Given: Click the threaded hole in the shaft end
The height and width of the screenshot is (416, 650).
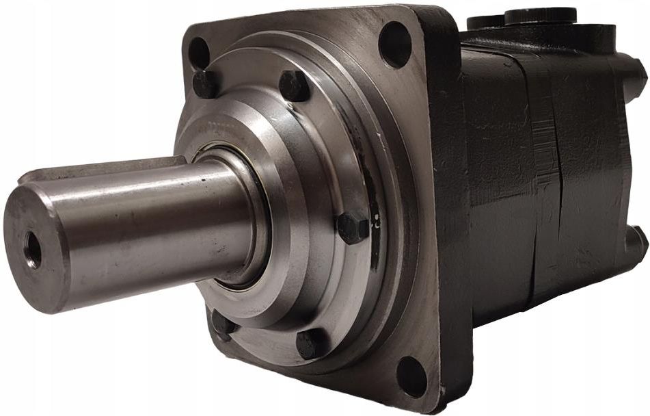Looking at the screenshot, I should (31, 249).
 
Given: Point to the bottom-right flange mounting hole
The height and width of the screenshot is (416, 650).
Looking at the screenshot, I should (411, 376).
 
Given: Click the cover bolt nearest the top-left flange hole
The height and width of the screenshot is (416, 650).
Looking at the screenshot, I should (206, 84).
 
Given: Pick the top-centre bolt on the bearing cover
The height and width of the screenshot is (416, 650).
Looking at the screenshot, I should (295, 86).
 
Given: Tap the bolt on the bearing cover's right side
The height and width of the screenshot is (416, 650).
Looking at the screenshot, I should (353, 228).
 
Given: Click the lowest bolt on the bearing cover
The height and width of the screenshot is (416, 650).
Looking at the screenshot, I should (312, 343).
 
